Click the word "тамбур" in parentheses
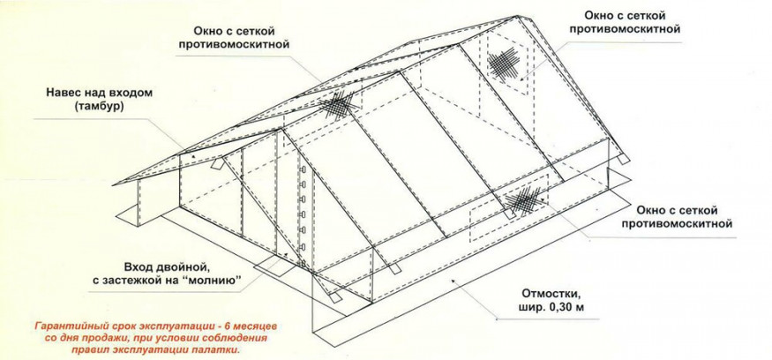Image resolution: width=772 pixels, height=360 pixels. coord(91,106)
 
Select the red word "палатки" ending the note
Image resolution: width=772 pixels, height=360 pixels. coord(216,349)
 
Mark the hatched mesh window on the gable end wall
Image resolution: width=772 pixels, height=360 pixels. coord(504,62)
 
